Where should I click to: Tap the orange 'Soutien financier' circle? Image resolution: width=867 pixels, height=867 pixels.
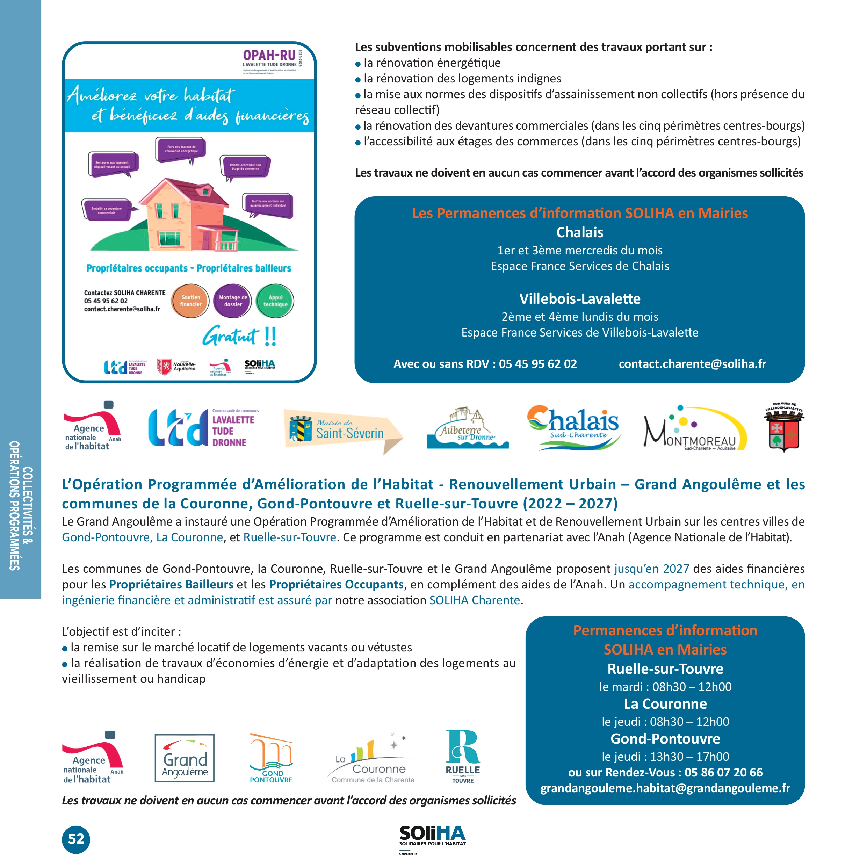coord(191,301)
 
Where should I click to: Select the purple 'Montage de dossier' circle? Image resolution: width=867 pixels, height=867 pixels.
coord(233,301)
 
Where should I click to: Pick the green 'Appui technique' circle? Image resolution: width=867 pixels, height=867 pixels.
coord(275,301)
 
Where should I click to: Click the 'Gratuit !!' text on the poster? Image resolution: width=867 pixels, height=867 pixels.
coord(239,336)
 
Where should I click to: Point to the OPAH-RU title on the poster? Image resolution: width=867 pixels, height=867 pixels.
coord(269,55)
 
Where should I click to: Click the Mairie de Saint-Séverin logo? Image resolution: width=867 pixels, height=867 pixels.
coord(343,431)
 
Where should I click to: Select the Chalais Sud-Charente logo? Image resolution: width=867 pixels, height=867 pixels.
coord(573,426)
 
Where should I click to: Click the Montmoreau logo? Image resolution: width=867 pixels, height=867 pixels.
coord(695,428)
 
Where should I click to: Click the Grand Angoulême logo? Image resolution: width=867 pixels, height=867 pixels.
coord(185,758)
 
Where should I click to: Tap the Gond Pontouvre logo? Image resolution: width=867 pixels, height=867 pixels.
coord(271,758)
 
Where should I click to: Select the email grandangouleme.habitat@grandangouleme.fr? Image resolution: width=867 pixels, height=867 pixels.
coord(665,788)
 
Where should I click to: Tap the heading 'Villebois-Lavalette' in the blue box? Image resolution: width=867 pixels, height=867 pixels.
coord(580,299)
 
